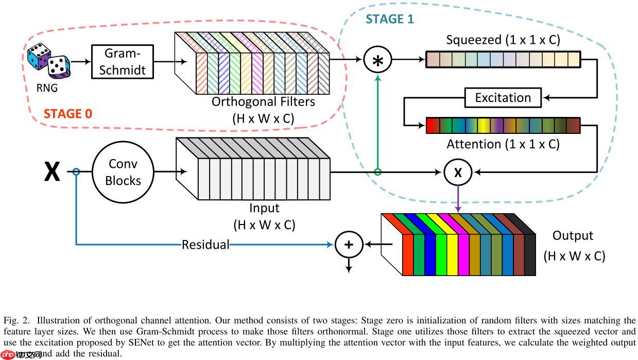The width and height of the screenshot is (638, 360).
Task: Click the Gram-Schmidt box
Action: click(122, 61)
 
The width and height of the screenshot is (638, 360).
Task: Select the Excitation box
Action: click(503, 97)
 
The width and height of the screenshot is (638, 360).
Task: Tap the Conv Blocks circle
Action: click(124, 172)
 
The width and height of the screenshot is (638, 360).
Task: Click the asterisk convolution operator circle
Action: click(378, 60)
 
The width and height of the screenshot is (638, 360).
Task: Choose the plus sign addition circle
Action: click(349, 245)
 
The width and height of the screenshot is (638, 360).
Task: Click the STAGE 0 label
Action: click(68, 114)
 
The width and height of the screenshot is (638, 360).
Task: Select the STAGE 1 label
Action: click(390, 20)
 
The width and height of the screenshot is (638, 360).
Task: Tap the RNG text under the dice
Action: click(47, 88)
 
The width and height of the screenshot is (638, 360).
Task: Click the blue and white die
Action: click(39, 56)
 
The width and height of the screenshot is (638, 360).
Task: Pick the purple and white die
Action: click(59, 67)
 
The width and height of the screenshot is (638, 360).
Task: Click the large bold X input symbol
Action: click(51, 172)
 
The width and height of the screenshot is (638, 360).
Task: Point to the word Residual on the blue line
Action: click(205, 245)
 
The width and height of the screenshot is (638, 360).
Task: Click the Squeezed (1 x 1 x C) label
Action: click(503, 40)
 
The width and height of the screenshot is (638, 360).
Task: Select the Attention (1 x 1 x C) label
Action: click(503, 144)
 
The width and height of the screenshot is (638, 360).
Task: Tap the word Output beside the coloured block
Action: click(573, 236)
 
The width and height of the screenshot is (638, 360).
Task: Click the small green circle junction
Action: click(378, 172)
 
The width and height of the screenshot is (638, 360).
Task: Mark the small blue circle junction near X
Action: click(76, 172)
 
